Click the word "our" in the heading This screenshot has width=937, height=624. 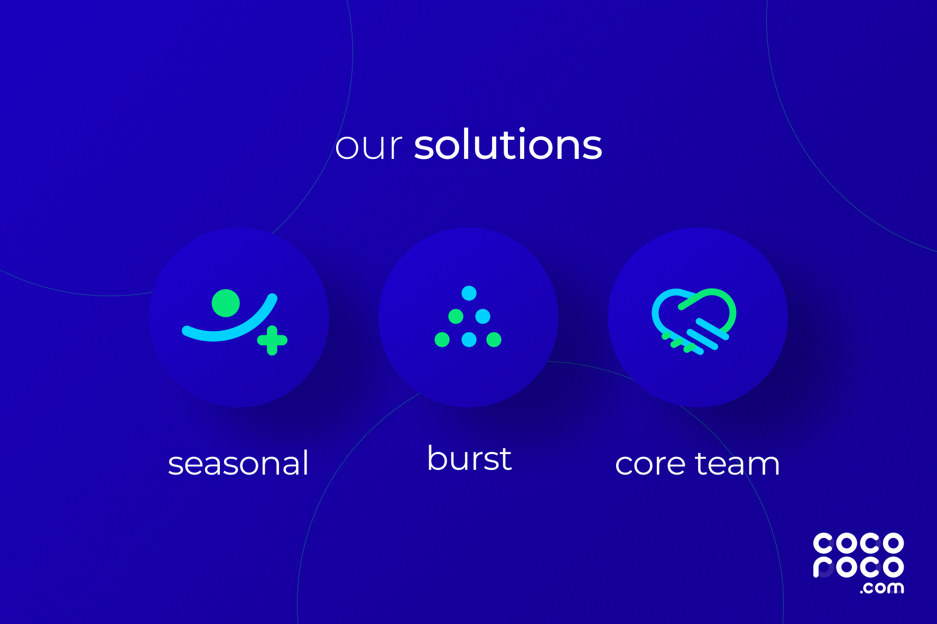click(369, 146)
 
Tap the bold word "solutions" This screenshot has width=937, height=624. click(508, 144)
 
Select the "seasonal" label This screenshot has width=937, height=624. click(238, 464)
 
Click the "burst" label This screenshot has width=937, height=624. click(469, 458)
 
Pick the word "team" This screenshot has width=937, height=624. click(738, 464)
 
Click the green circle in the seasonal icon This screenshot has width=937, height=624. click(226, 303)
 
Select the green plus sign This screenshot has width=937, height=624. click(272, 341)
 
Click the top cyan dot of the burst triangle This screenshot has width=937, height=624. click(469, 293)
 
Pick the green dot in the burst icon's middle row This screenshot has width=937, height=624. click(456, 316)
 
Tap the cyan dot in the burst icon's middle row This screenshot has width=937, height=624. click(483, 316)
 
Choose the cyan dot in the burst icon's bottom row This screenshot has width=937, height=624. click(469, 339)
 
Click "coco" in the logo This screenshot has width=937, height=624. click(858, 543)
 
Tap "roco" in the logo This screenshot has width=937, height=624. click(858, 567)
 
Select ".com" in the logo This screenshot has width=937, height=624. click(882, 588)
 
